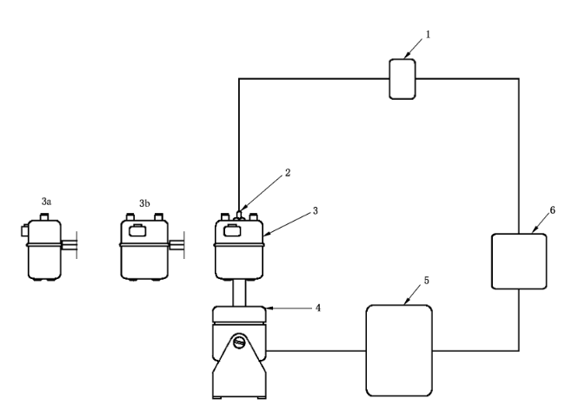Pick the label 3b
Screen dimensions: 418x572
(145, 202)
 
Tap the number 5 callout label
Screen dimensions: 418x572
(427, 281)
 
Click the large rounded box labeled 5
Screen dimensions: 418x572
(399, 349)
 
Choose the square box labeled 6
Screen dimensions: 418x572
(519, 262)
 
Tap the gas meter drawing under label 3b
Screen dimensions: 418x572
(143, 248)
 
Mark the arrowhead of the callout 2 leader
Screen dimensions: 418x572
(242, 209)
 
